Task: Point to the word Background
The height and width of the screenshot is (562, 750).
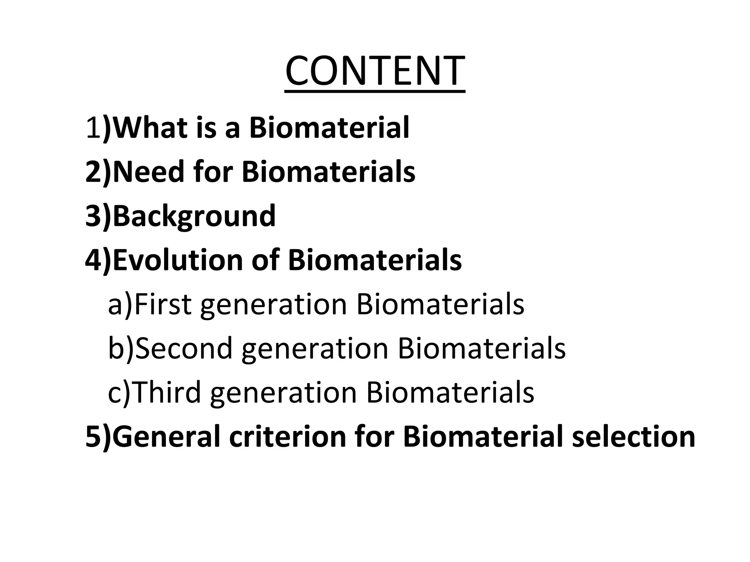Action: click(x=194, y=216)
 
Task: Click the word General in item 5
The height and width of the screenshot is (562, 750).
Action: click(x=166, y=436)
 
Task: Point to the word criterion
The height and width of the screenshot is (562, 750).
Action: click(x=287, y=436)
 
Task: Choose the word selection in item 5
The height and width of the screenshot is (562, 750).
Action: click(x=633, y=436)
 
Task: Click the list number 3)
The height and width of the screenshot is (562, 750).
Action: click(x=98, y=216)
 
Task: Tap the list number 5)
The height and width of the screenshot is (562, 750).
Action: click(x=98, y=436)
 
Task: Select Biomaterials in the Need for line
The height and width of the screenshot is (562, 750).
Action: click(x=328, y=172)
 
